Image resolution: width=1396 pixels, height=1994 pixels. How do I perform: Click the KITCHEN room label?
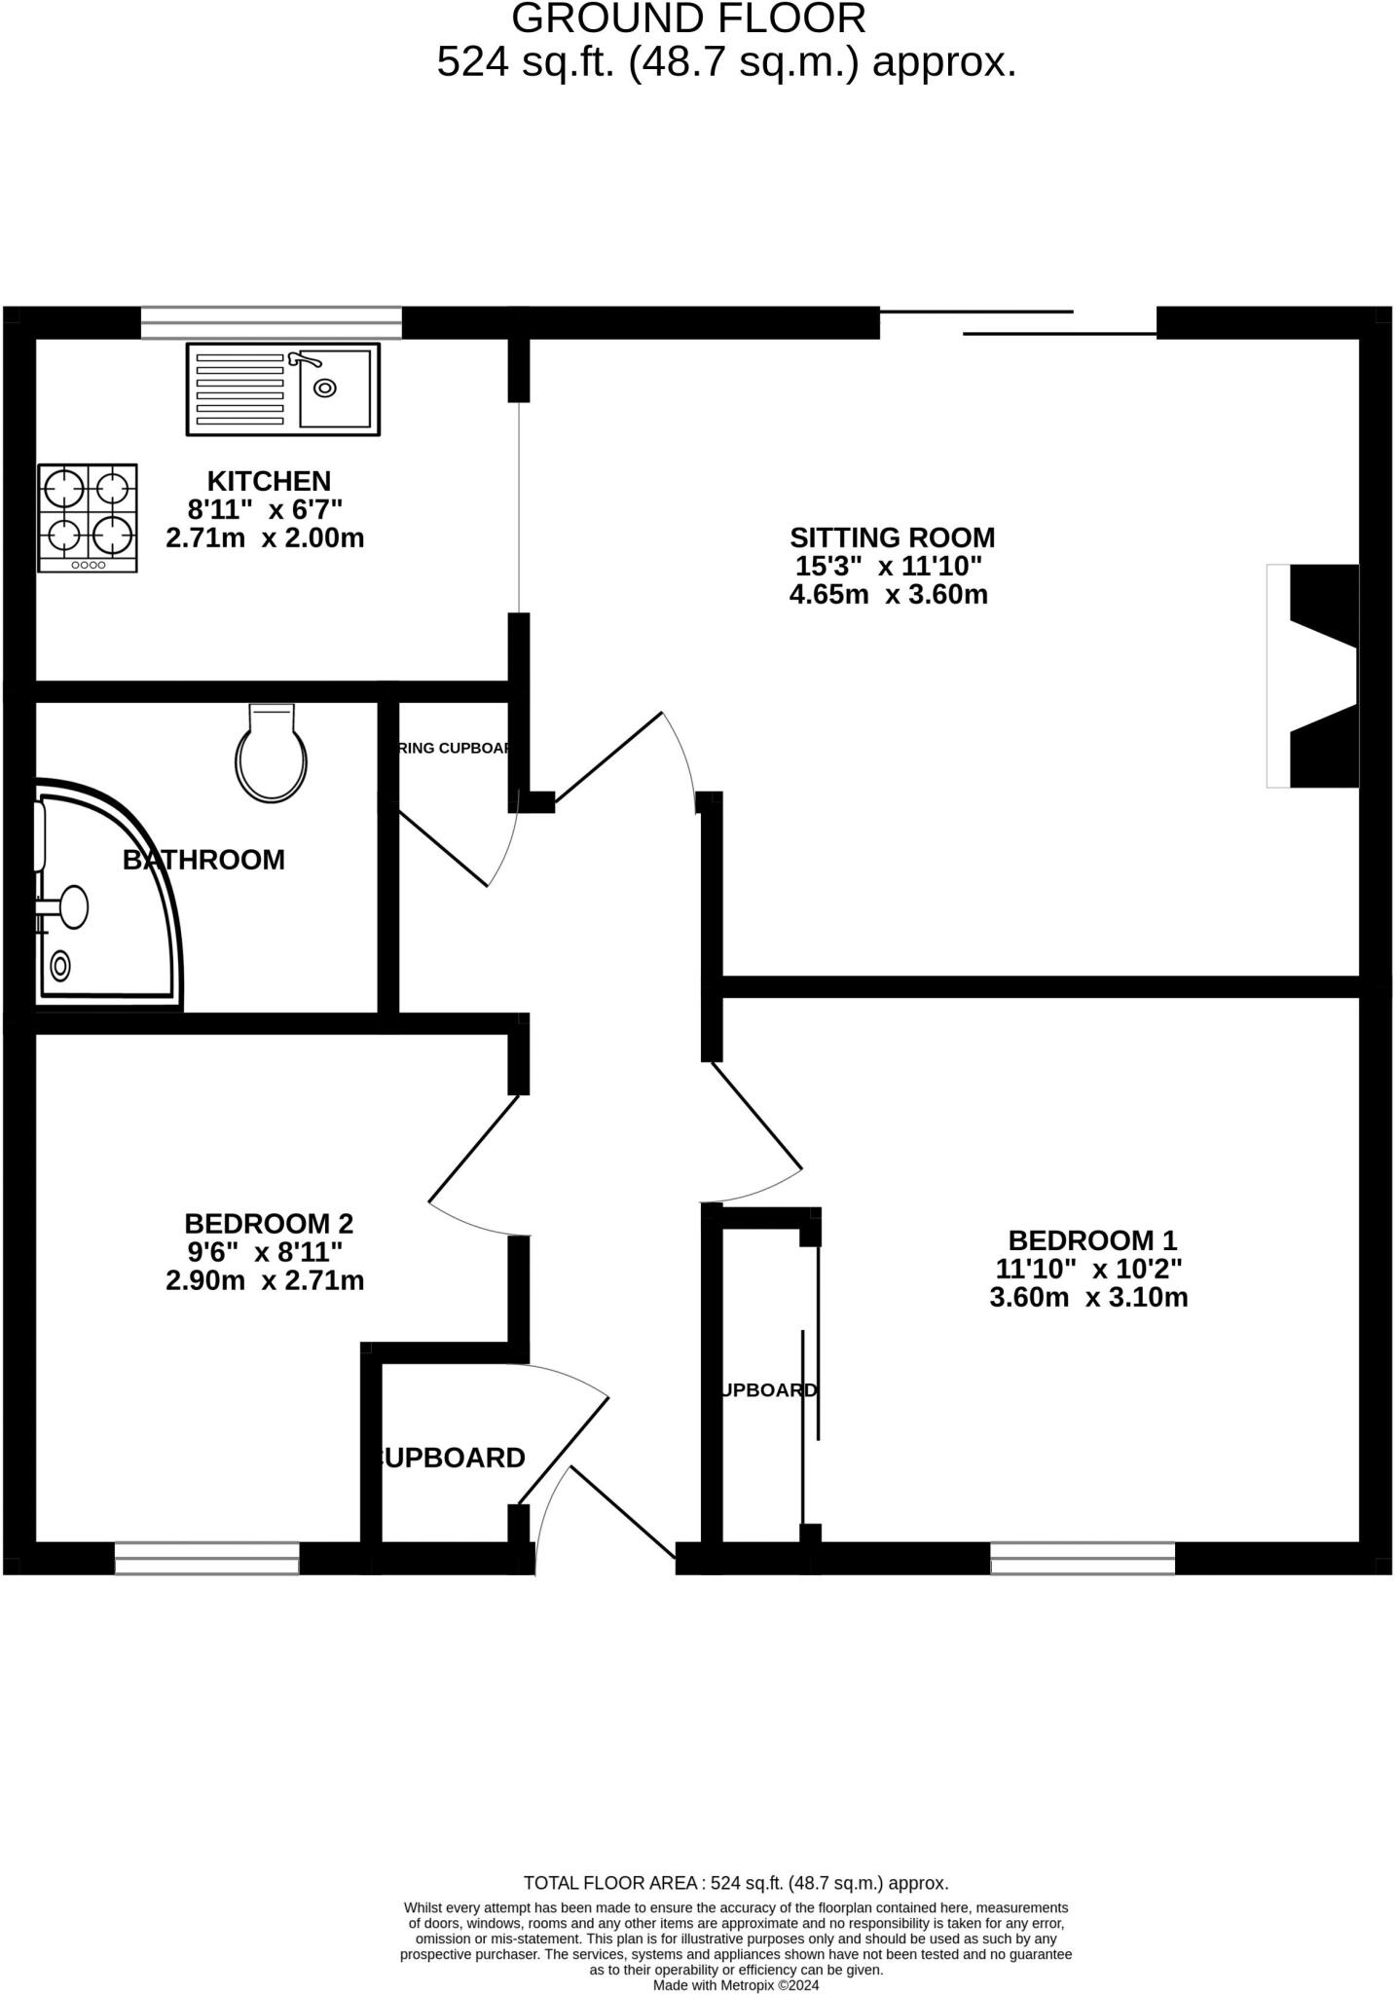pyautogui.click(x=269, y=481)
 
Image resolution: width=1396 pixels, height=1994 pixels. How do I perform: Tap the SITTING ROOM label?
pyautogui.click(x=892, y=537)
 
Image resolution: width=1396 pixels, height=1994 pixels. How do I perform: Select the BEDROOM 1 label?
pyautogui.click(x=1091, y=1240)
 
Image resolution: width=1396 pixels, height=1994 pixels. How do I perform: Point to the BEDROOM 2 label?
pyautogui.click(x=269, y=1223)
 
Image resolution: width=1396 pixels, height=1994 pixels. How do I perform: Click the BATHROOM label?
pyautogui.click(x=203, y=860)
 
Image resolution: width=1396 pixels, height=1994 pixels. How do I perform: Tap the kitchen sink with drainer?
pyautogui.click(x=282, y=389)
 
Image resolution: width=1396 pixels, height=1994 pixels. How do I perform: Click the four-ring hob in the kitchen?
pyautogui.click(x=88, y=517)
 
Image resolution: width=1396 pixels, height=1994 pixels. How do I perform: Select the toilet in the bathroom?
pyautogui.click(x=272, y=753)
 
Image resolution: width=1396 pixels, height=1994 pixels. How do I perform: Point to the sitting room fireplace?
pyautogui.click(x=1314, y=676)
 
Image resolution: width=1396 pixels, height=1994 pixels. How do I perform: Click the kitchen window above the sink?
pyautogui.click(x=271, y=322)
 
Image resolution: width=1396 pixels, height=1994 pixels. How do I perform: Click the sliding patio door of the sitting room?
pyautogui.click(x=1017, y=323)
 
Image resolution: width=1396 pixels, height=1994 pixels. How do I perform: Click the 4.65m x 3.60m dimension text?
pyautogui.click(x=888, y=595)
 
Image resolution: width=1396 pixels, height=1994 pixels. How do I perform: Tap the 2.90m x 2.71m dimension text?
pyautogui.click(x=265, y=1280)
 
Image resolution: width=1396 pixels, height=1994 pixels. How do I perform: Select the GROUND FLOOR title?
pyautogui.click(x=688, y=19)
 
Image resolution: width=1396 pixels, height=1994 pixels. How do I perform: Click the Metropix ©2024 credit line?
pyautogui.click(x=736, y=1985)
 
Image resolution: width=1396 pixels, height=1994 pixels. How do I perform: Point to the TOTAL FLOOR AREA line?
pyautogui.click(x=735, y=1883)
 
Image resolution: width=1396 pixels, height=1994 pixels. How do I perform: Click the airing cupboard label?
pyautogui.click(x=455, y=749)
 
